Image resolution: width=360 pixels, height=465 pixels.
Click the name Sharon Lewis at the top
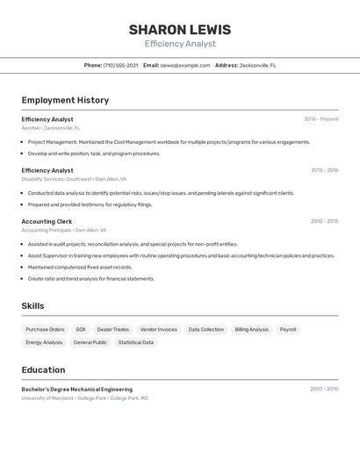click(180, 29)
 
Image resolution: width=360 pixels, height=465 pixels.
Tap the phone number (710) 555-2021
click(120, 65)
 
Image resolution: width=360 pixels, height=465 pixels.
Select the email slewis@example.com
click(184, 65)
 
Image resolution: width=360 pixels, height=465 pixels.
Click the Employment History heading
click(65, 100)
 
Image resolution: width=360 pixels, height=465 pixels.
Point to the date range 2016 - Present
click(321, 119)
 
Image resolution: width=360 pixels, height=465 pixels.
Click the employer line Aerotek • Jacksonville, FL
click(50, 128)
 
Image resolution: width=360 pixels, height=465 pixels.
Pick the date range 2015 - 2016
click(324, 170)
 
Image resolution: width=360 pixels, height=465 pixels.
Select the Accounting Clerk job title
click(47, 221)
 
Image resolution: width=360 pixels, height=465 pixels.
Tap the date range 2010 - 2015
click(324, 221)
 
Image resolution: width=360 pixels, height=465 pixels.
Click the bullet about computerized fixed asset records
click(80, 268)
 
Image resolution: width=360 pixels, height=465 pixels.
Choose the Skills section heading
click(33, 306)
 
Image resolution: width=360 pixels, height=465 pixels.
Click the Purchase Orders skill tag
click(45, 330)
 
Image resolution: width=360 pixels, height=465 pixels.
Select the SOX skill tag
click(81, 330)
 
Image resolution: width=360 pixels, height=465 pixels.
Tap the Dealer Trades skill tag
click(112, 330)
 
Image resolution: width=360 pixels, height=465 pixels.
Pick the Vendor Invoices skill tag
click(158, 330)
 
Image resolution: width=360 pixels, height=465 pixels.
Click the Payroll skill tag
click(288, 330)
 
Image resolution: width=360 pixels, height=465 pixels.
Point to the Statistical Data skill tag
click(136, 342)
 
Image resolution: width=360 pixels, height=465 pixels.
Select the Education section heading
click(43, 370)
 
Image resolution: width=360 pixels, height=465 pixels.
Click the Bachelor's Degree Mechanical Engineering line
click(77, 389)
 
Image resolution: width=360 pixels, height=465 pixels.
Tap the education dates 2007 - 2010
click(324, 389)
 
